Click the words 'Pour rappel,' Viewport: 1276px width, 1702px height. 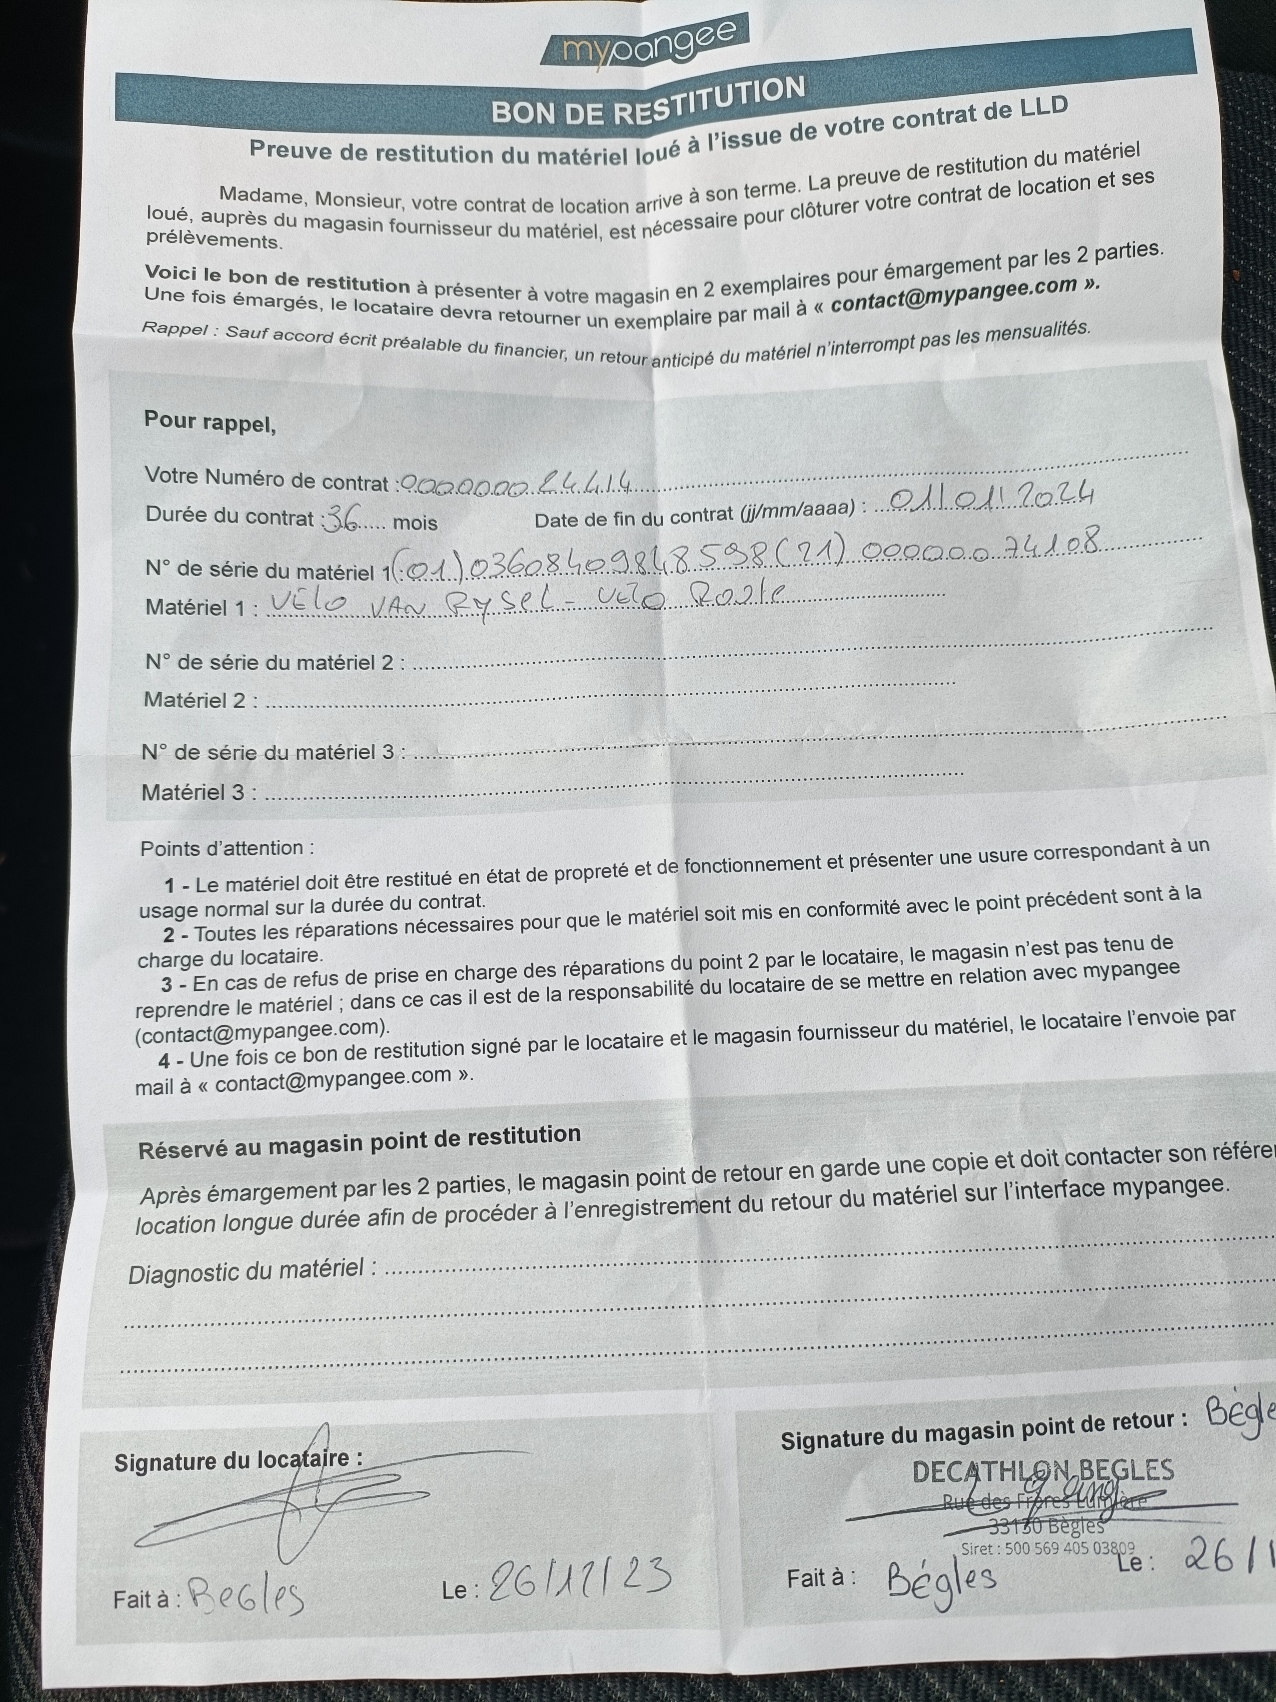[x=209, y=422]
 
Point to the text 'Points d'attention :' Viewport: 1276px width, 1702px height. [x=227, y=848]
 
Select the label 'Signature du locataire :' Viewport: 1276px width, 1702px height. [x=237, y=1461]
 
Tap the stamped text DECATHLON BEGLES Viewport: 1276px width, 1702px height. [x=1042, y=1471]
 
